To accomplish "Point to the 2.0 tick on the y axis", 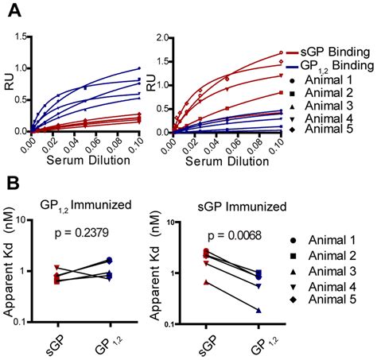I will (159, 37).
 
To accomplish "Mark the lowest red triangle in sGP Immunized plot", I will (207, 282).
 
